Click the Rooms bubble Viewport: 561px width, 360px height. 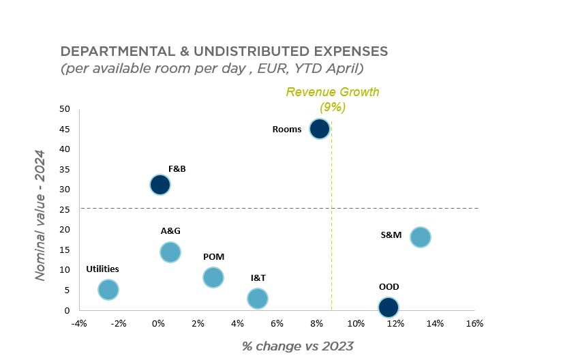tap(319, 128)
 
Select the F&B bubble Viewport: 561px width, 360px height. tap(160, 184)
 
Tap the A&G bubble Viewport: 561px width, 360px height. tap(170, 252)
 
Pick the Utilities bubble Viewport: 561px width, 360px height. tap(108, 290)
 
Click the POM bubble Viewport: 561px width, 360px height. tap(213, 277)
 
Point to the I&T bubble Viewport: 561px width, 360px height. tap(258, 298)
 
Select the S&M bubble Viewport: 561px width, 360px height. tap(421, 237)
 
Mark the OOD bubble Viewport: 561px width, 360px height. tap(389, 307)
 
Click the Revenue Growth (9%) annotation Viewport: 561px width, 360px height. tap(333, 100)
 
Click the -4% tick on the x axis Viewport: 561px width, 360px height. tap(80, 323)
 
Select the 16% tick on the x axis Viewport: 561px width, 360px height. tap(474, 323)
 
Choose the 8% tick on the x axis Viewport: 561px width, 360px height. tap(316, 323)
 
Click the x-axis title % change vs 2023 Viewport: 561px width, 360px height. tap(297, 346)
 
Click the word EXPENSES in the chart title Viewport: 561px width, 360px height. tap(344, 52)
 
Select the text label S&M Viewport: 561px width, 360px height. tap(391, 236)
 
